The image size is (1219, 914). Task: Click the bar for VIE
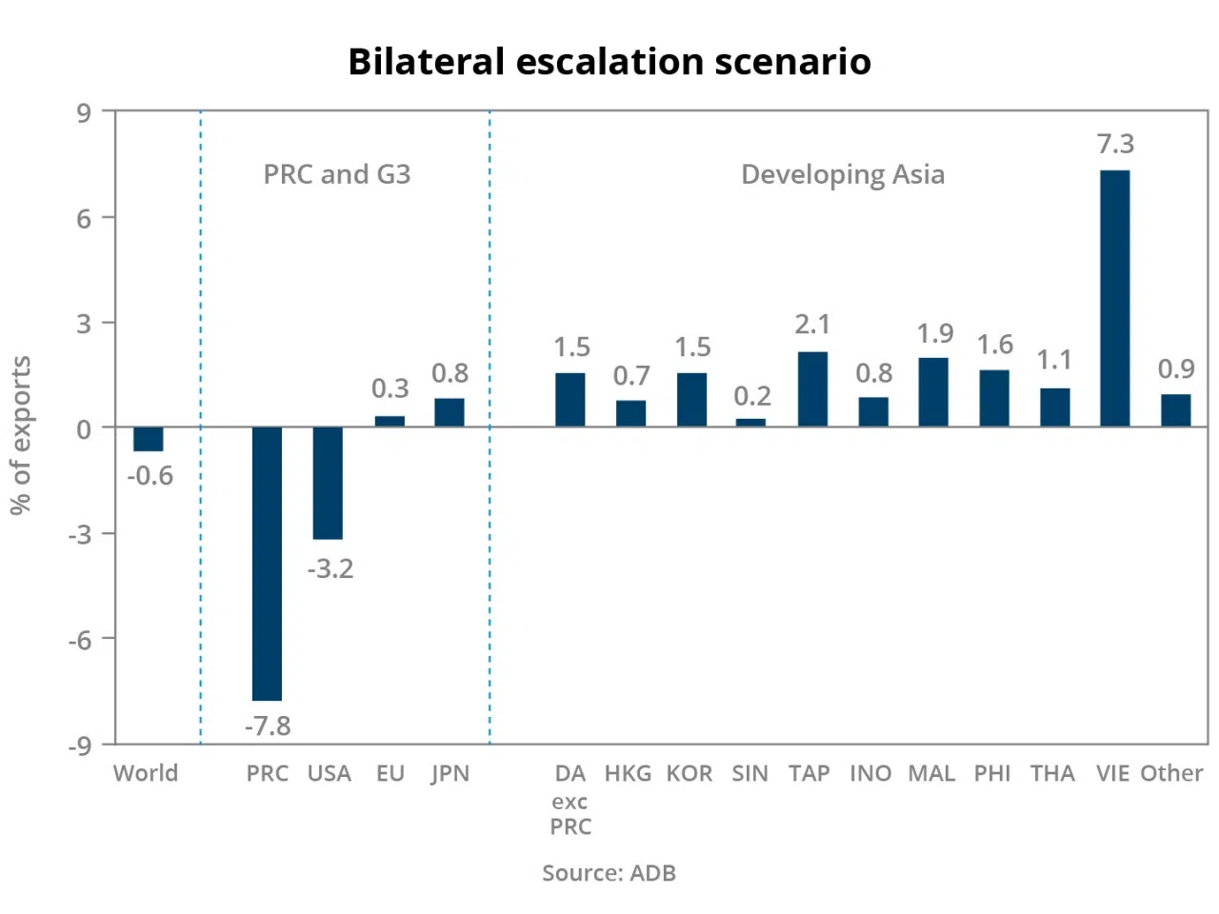pos(1114,298)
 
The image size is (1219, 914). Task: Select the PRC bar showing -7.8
pos(267,564)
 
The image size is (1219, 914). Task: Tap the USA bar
pos(328,483)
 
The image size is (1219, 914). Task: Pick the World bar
pos(148,439)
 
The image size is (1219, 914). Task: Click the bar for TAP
pos(812,389)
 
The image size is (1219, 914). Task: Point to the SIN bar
pos(750,422)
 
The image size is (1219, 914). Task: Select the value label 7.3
pos(1115,144)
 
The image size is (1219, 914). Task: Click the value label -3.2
pos(330,569)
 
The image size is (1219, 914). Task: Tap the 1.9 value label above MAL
pos(934,333)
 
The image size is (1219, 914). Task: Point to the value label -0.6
pos(150,476)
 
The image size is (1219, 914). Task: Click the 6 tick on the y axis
pos(84,218)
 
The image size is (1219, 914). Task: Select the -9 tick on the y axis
pos(79,745)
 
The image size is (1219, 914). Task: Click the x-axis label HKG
pos(628,773)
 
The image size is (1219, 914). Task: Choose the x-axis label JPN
pos(450,773)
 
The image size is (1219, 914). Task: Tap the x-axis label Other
pos(1171,773)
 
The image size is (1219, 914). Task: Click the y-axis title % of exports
pos(21,435)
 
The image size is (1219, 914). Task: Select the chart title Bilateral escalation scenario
pos(609,62)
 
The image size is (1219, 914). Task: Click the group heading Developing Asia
pos(843,174)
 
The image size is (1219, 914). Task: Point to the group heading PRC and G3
pos(337,174)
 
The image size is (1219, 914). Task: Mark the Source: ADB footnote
pos(609,873)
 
